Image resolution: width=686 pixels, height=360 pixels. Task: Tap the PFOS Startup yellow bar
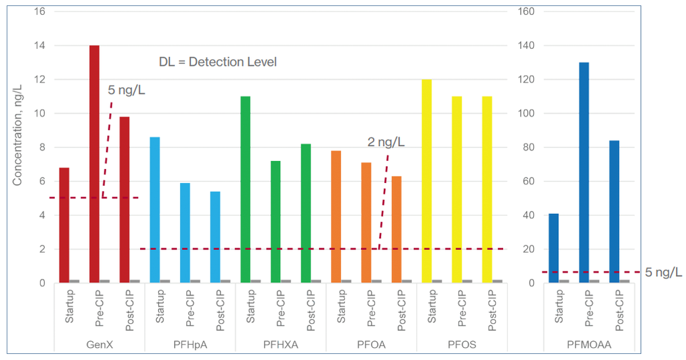point(427,181)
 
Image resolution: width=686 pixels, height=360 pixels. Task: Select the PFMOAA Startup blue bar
point(553,248)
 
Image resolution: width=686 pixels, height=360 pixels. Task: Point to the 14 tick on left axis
point(40,46)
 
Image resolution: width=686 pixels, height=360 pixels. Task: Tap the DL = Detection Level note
point(218,62)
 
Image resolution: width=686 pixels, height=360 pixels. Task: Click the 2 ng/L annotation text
point(385,142)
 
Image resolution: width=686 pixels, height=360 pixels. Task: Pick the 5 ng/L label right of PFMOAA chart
point(664,272)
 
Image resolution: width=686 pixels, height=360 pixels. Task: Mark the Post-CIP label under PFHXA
point(311,309)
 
